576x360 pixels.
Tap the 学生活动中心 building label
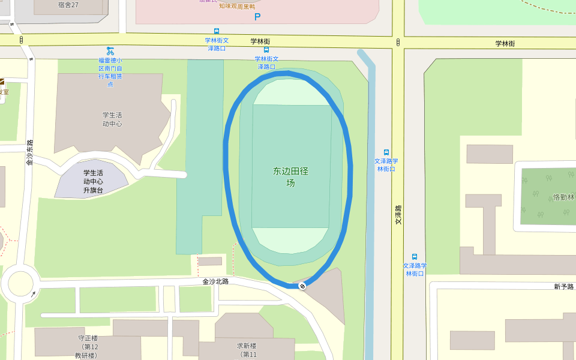coord(112,119)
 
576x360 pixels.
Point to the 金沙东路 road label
coord(29,152)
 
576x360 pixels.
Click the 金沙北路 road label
coord(215,281)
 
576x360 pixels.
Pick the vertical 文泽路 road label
coord(398,215)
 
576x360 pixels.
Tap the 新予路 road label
coord(564,287)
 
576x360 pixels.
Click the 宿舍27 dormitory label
coord(68,5)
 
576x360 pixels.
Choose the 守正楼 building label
coord(88,338)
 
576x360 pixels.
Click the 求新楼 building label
coord(247,346)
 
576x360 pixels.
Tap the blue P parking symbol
coord(257,17)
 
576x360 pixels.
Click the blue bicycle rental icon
coord(110,51)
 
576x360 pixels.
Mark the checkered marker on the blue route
coord(302,286)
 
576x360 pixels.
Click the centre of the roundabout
coord(20,284)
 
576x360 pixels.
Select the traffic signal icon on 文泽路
coord(398,42)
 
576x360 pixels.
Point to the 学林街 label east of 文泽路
coord(505,43)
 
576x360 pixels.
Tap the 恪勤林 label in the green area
coord(563,197)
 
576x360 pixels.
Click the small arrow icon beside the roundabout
coord(33,294)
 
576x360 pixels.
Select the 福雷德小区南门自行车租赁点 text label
coord(110,72)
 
